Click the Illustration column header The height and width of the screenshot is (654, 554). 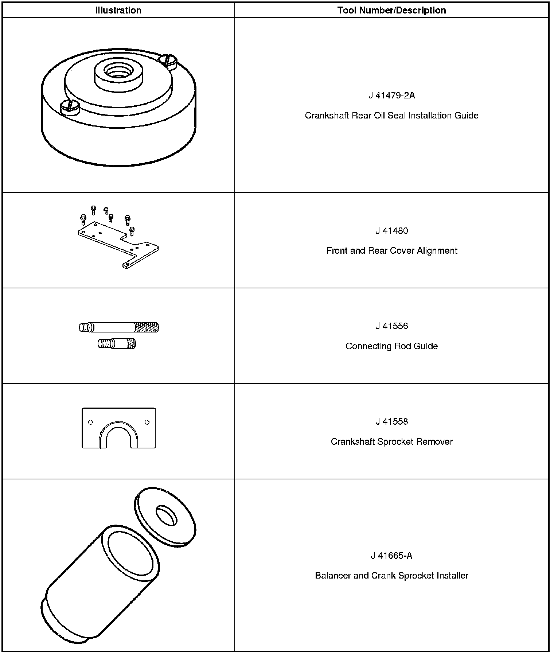tap(118, 10)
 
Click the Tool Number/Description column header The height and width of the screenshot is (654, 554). tap(391, 10)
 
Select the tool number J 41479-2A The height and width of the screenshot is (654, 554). tap(391, 96)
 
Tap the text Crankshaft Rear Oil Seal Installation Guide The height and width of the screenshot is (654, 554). tap(391, 116)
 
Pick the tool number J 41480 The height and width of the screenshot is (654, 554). tap(391, 231)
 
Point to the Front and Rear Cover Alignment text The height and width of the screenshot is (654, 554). tap(391, 251)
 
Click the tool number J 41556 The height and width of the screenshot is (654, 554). tap(391, 326)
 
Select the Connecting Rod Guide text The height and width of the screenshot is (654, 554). tap(391, 346)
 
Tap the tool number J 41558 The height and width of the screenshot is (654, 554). tap(391, 422)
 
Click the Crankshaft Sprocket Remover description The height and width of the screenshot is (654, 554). tap(391, 441)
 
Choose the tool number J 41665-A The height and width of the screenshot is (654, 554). tap(391, 556)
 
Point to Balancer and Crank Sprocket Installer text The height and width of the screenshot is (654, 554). tap(391, 576)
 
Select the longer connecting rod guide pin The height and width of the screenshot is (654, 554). tap(119, 327)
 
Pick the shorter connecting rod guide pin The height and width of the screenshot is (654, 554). tap(117, 344)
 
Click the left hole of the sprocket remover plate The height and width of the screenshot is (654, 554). tap(90, 423)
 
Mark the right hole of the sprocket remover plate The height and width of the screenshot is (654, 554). tap(147, 423)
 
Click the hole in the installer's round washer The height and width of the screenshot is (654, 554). tap(167, 515)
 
